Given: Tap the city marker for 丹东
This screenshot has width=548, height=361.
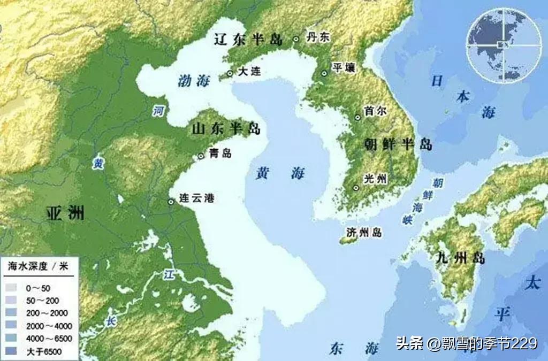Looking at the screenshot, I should tap(296, 39).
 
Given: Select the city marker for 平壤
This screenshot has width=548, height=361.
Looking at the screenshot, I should tap(324, 73).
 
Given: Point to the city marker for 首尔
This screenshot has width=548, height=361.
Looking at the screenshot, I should tap(358, 117).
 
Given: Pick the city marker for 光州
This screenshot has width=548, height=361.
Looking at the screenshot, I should tap(356, 187).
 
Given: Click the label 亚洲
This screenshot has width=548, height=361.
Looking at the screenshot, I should tap(65, 213).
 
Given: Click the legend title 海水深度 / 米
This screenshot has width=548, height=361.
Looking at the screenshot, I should tap(37, 266).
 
